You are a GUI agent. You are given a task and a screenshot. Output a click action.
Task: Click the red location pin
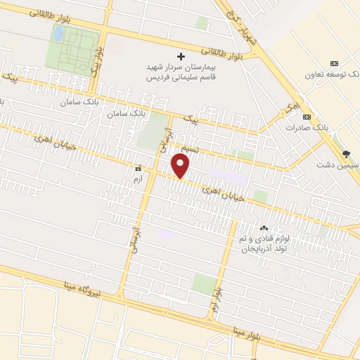point(181,167)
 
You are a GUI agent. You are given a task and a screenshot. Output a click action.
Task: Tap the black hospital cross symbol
point(181,56)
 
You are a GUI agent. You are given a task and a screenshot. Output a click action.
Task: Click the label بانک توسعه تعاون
point(331,74)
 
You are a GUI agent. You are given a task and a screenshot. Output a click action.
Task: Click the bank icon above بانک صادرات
point(306,117)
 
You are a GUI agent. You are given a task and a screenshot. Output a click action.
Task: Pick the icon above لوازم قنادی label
point(264,228)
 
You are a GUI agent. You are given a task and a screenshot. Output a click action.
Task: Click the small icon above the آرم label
point(138,168)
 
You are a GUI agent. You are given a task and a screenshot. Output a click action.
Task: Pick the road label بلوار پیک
point(98,59)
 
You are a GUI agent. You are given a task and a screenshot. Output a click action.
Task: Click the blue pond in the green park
point(59,33)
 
